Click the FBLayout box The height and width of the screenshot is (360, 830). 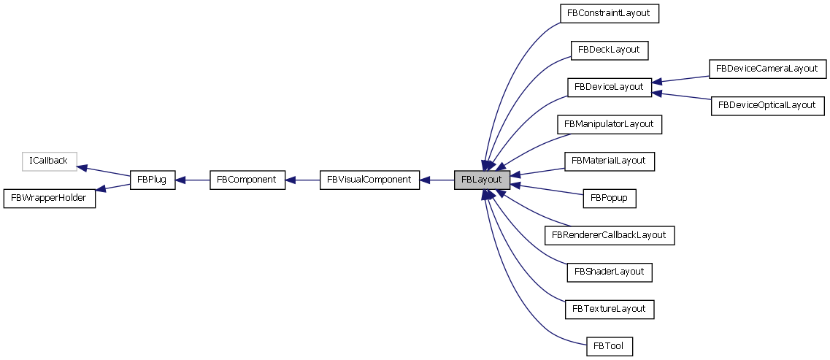point(481,180)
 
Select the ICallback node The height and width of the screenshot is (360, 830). point(49,161)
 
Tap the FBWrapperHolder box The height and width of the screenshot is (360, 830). point(50,198)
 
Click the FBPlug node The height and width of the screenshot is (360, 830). point(153,180)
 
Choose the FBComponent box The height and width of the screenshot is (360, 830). point(247,180)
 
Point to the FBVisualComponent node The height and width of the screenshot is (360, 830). point(369,180)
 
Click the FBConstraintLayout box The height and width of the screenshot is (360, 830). point(609,13)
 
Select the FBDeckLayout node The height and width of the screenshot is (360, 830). point(609,50)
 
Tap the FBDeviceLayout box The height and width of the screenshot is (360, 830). point(609,87)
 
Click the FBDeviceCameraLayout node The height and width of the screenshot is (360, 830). point(766,69)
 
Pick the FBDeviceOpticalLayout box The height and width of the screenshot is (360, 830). point(766,105)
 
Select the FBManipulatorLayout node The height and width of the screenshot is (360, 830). point(609,124)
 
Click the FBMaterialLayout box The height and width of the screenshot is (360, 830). point(609,161)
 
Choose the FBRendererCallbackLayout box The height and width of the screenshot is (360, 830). point(609,235)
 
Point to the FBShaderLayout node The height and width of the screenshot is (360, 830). point(609,272)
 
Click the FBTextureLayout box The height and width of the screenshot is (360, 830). point(609,309)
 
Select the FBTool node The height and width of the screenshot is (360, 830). point(609,345)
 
